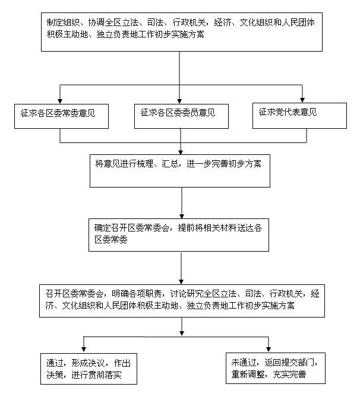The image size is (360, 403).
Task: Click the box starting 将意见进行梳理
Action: [x=181, y=170]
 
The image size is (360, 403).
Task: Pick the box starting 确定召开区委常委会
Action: [x=181, y=234]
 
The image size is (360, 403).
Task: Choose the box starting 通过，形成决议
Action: [x=86, y=368]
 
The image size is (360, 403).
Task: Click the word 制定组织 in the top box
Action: [x=61, y=22]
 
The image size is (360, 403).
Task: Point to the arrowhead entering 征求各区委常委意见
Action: [x=60, y=100]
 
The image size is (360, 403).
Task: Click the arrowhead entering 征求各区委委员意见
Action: [x=181, y=100]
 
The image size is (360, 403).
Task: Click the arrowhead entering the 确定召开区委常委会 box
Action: [x=181, y=215]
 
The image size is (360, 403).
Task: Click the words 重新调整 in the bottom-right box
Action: [x=248, y=375]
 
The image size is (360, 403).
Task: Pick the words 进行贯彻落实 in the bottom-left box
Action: [x=96, y=375]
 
